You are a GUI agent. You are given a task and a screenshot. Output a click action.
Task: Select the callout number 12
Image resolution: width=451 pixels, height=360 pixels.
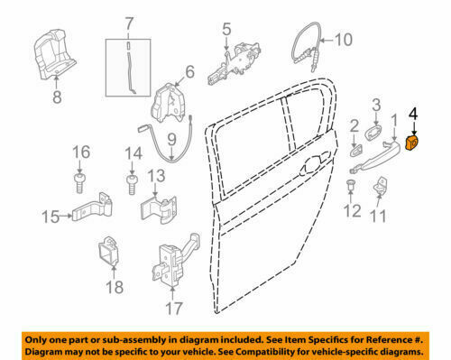pyautogui.click(x=353, y=211)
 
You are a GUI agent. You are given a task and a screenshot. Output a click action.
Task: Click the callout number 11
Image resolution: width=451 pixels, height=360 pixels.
pyautogui.click(x=379, y=217)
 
